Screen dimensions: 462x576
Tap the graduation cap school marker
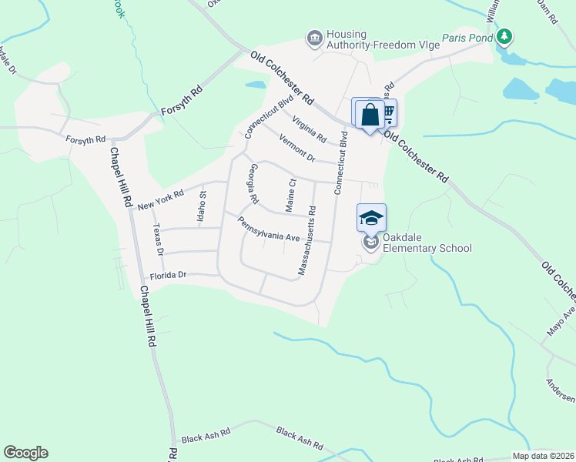[x=371, y=218]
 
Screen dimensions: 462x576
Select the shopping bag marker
[x=370, y=115]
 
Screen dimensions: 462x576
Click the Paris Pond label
[x=467, y=37]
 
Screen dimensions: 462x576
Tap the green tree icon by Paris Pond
[x=504, y=36]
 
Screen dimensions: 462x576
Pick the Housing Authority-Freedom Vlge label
[x=383, y=39]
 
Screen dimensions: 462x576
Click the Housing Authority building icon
[x=314, y=38]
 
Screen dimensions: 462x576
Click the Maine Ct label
[x=291, y=195]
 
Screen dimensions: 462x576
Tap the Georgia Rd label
[x=250, y=183]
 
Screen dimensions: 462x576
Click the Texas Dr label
[x=159, y=239]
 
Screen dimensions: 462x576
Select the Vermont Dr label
[x=296, y=147]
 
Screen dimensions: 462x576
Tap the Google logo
[x=25, y=452]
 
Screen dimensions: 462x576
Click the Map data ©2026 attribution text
[x=543, y=456]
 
